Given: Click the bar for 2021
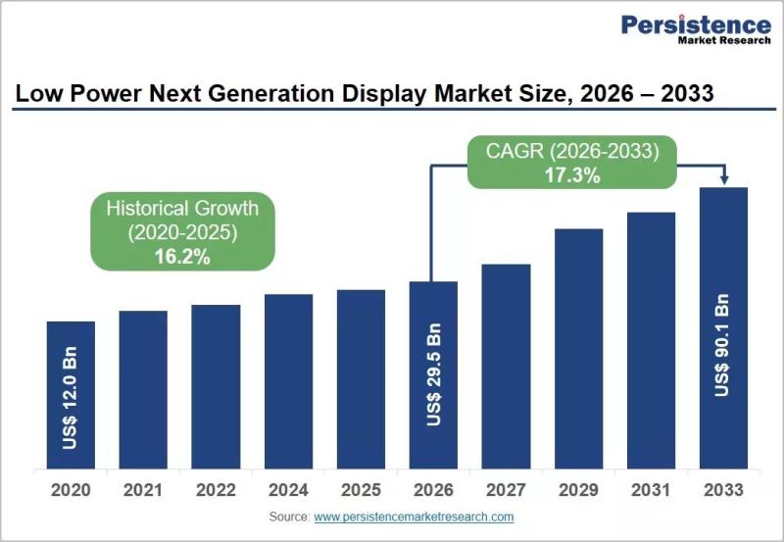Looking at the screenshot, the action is coord(143,389).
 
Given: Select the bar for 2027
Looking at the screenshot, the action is coord(506,367).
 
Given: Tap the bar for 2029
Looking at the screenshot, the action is coord(578,349).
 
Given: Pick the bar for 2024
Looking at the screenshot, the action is coord(288,381).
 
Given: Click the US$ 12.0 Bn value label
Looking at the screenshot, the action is coord(71,398).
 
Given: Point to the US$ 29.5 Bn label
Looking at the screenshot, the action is coord(433,374).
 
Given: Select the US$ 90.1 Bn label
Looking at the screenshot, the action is coord(722,345).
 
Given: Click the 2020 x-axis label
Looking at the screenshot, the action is coord(71,490).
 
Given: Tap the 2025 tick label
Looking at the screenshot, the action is coord(361,490).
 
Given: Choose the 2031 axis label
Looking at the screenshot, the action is coord(651,490).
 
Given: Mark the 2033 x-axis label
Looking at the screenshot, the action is coord(723,490).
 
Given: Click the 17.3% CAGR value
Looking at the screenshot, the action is coord(572,175).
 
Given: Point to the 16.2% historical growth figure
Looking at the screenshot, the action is coord(182,257).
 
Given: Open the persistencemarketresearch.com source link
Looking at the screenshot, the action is coord(414,517).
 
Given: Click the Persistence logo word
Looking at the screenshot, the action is coord(696,25).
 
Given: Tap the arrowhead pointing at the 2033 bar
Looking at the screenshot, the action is coord(724,180).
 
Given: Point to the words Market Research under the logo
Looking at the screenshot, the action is coord(724,40).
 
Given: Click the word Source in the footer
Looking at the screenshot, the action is coord(289,517).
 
